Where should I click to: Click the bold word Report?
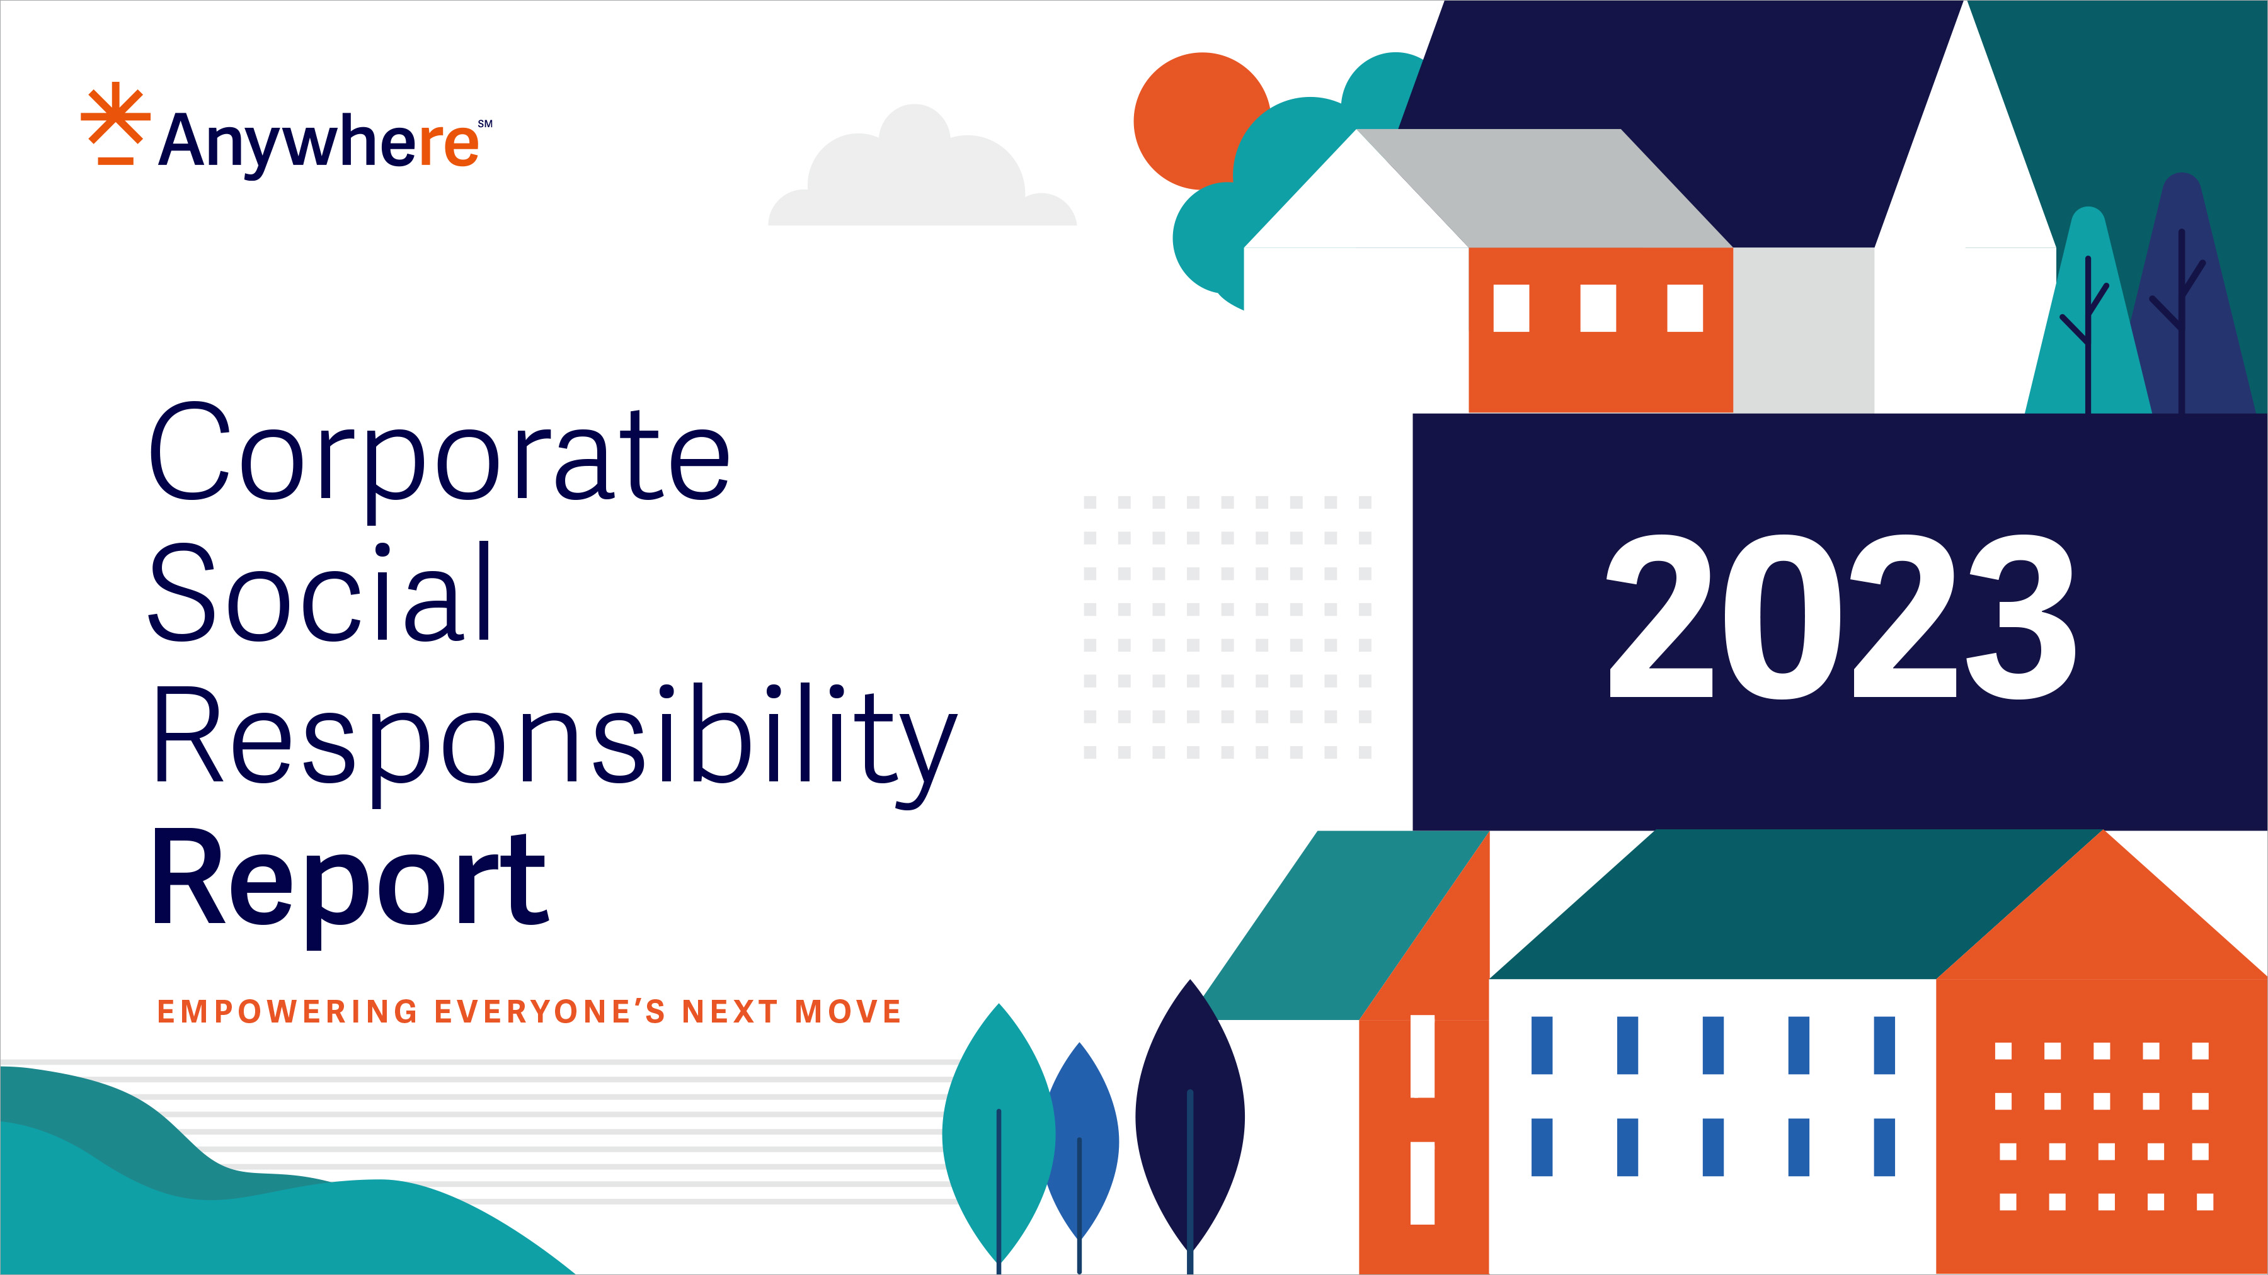point(350,880)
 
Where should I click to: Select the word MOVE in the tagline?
point(848,1012)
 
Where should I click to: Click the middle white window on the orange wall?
point(1598,308)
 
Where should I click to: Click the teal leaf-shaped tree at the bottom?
point(999,1135)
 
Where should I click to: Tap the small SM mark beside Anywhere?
point(485,124)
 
